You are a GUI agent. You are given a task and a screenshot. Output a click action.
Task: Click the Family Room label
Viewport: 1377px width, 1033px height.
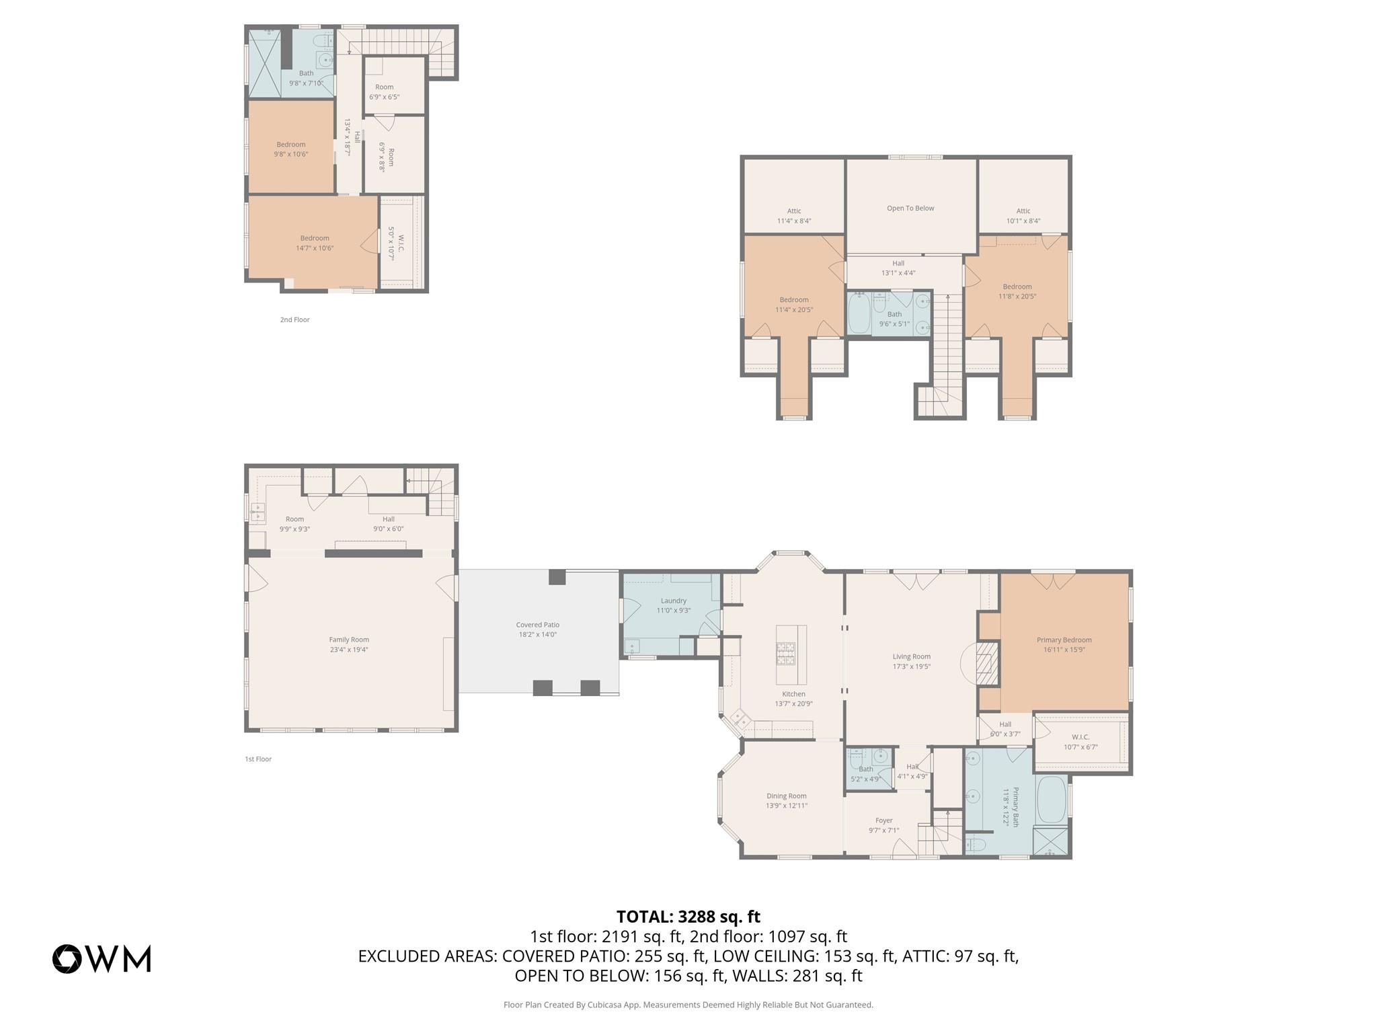(349, 640)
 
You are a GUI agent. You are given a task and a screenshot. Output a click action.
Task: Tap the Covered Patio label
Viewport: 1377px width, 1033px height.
(538, 625)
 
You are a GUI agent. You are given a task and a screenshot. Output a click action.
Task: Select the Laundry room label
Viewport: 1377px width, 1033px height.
(673, 601)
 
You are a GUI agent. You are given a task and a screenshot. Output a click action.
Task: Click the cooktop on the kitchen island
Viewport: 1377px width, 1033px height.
(786, 654)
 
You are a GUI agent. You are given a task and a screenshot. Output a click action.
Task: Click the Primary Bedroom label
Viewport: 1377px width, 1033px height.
(1064, 640)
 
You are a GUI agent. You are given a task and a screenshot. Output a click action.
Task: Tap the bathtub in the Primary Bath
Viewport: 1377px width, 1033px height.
(1052, 800)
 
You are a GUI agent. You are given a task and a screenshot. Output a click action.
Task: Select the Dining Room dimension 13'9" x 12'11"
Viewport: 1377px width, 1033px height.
(786, 806)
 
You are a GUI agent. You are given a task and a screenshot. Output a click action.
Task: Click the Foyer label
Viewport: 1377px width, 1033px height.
(883, 820)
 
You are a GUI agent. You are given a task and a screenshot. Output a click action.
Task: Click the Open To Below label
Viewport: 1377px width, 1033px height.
(910, 208)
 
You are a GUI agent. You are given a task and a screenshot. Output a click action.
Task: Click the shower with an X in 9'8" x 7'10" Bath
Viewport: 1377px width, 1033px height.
(265, 64)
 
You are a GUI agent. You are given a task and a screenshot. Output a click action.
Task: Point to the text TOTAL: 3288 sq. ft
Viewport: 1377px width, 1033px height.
(688, 917)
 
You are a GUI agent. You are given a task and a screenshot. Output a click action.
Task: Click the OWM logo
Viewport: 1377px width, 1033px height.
(102, 958)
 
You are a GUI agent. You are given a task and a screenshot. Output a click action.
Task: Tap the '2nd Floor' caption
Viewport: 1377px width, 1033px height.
(294, 319)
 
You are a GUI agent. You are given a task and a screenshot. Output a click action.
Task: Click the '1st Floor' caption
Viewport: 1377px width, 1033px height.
(258, 759)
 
